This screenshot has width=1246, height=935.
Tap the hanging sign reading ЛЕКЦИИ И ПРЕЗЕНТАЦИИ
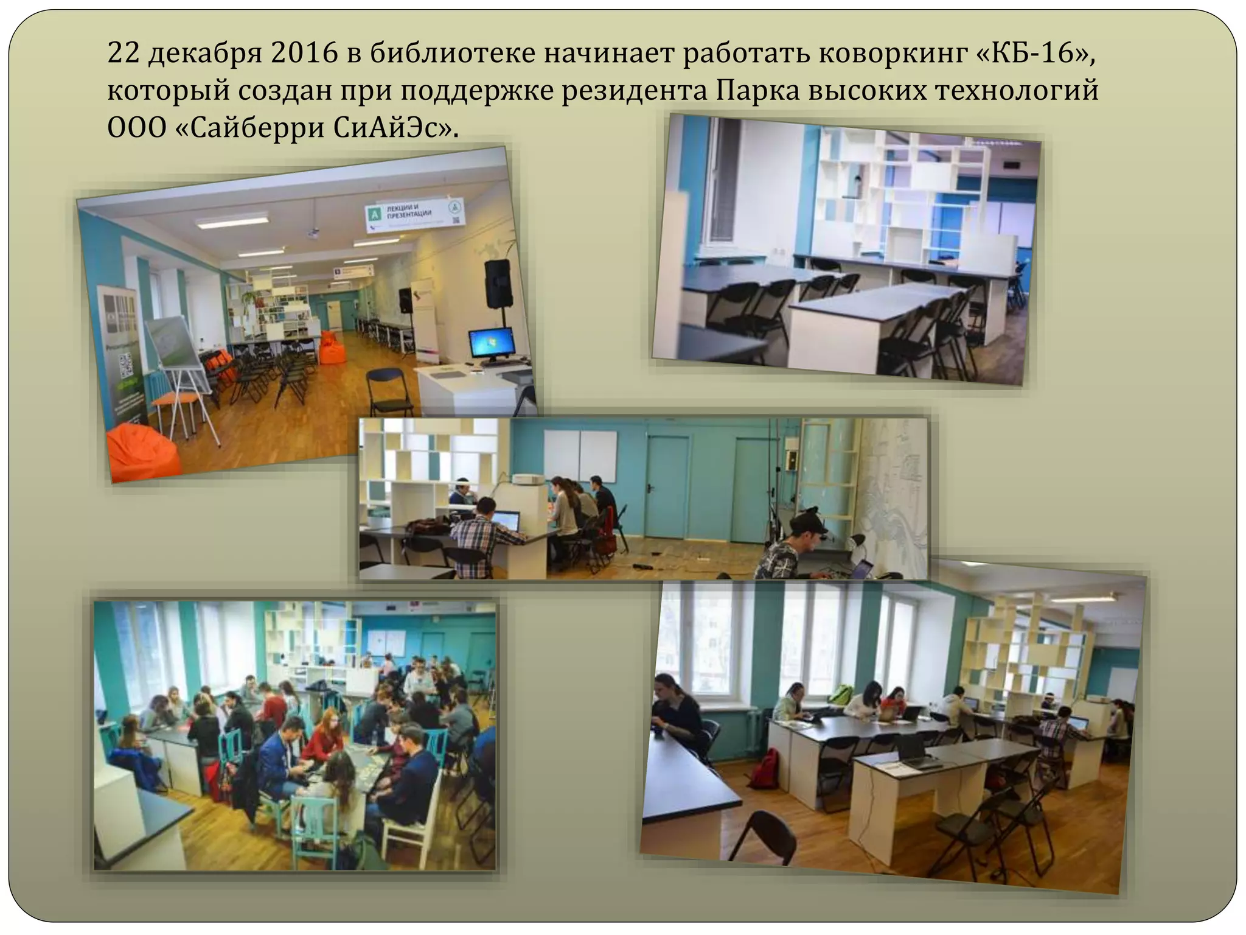pyautogui.click(x=414, y=215)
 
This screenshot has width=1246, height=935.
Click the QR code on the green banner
pyautogui.click(x=127, y=366)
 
